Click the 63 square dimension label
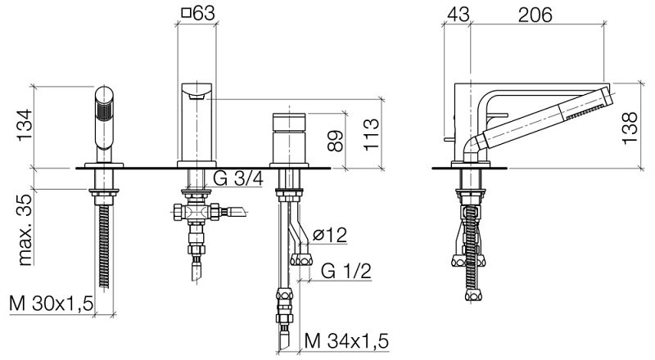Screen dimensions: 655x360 tap(198, 13)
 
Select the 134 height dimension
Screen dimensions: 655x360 tap(25, 125)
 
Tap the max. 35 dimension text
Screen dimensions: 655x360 tap(25, 230)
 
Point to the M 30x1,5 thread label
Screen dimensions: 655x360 tap(51, 304)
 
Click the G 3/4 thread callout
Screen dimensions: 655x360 tap(238, 178)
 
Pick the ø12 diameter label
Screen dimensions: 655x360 tap(330, 235)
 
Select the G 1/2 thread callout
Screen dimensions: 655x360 tap(346, 271)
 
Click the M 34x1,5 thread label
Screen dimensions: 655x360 tap(346, 341)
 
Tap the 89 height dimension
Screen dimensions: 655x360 tap(336, 141)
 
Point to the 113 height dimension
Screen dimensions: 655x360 tap(371, 134)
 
